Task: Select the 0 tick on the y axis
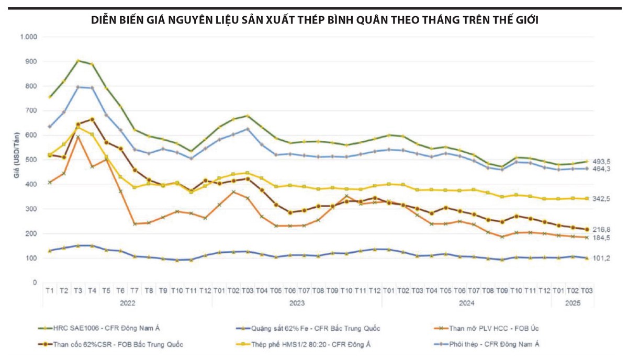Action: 35,283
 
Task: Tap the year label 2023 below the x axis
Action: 297,302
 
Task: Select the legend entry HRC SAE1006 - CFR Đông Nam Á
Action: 99,328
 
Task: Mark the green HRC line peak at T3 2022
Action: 78,61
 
